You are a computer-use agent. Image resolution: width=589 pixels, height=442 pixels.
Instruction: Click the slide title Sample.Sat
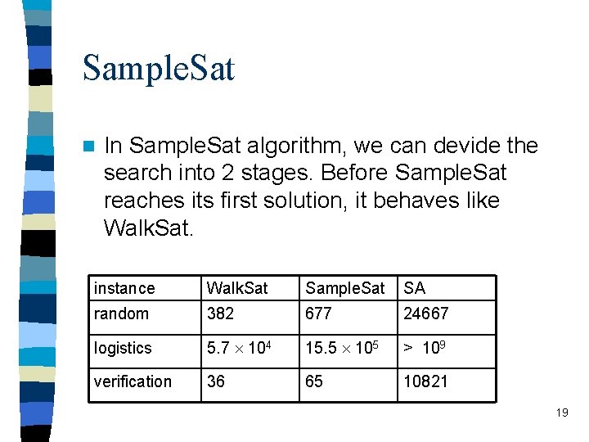click(x=159, y=68)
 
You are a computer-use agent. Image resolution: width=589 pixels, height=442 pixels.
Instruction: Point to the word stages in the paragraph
click(x=267, y=174)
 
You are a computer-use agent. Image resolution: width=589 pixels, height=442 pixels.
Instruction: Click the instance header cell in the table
click(x=124, y=288)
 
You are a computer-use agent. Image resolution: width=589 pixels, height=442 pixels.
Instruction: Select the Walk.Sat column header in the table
click(x=237, y=288)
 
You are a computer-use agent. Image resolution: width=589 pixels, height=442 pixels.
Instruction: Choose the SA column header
click(x=415, y=288)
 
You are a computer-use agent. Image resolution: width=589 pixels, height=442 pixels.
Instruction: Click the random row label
click(x=122, y=313)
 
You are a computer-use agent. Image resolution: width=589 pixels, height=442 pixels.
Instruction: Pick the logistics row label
click(x=123, y=348)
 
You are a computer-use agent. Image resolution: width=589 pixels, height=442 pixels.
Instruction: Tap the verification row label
click(x=133, y=381)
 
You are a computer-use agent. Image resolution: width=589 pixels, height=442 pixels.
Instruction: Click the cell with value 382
click(x=220, y=313)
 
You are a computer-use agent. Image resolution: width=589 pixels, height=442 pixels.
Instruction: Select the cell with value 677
click(x=318, y=313)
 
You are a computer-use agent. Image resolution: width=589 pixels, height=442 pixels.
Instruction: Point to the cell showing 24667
click(x=426, y=313)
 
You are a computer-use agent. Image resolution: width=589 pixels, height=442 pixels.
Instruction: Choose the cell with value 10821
click(x=425, y=381)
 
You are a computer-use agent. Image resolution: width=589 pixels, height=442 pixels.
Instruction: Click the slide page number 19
click(x=561, y=413)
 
